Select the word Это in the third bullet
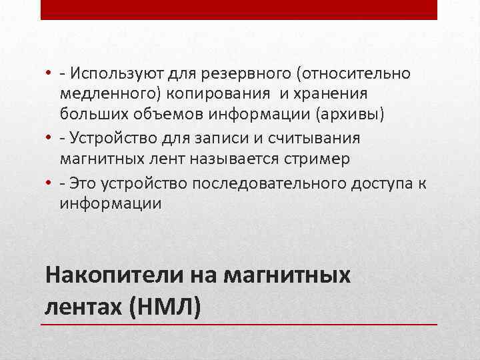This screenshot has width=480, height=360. pyautogui.click(x=85, y=182)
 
